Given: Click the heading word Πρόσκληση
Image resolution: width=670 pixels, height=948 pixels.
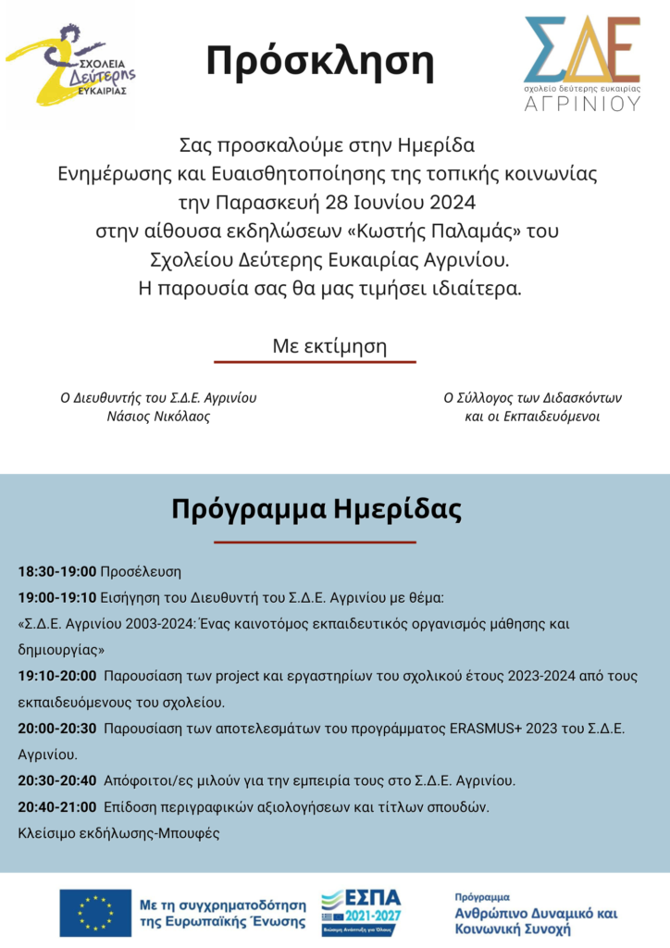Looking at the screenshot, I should pos(320,60).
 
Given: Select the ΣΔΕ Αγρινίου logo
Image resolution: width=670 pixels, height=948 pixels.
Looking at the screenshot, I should pos(582,62).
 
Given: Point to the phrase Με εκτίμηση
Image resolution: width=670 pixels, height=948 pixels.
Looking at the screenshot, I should pos(329,346).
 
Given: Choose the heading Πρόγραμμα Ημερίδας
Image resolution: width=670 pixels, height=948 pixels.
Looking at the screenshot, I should pos(316,510).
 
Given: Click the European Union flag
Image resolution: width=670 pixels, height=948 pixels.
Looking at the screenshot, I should pos(94,912).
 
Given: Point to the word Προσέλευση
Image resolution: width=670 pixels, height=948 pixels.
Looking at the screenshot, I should pos(141,570).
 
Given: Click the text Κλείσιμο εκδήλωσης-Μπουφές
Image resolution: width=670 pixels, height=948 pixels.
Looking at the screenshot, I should pos(119,833).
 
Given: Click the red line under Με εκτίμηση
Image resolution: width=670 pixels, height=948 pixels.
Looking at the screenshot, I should pos(315,362).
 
